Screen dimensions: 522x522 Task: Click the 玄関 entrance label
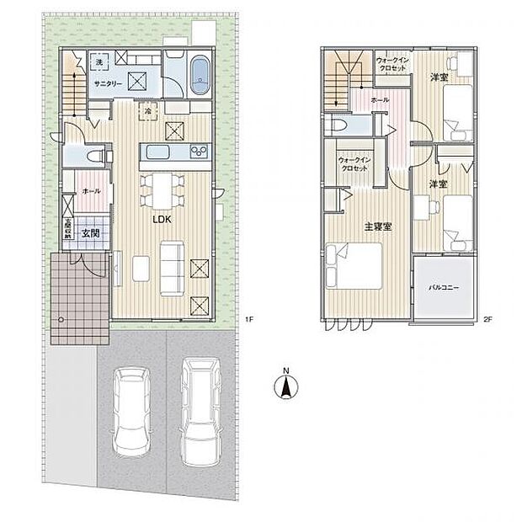91,233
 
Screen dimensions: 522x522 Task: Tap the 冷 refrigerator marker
147,109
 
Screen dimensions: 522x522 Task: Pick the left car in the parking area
130,412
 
